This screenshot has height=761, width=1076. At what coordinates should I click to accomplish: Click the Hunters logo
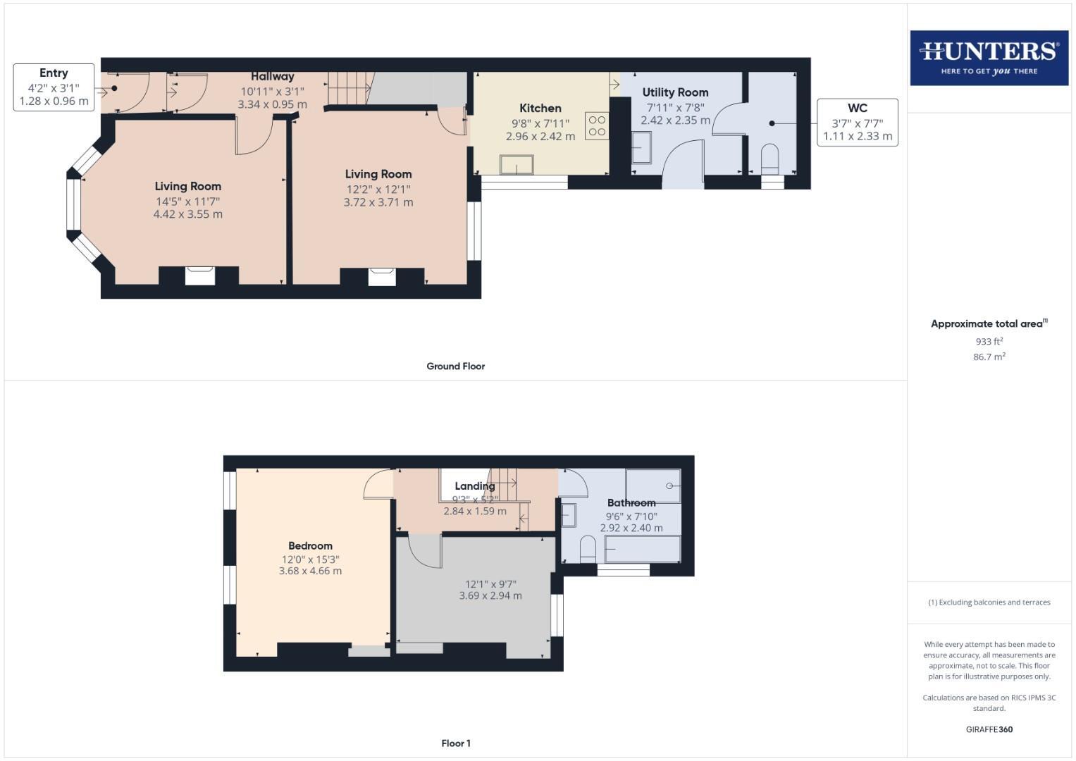pyautogui.click(x=989, y=58)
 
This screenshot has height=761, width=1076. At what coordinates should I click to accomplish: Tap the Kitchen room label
pyautogui.click(x=540, y=108)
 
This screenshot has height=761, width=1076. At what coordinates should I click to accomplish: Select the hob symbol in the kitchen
pyautogui.click(x=597, y=126)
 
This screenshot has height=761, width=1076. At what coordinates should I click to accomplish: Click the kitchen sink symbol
pyautogui.click(x=517, y=165)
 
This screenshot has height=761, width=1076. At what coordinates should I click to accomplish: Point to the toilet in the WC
pyautogui.click(x=770, y=159)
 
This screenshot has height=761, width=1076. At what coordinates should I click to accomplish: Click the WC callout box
pyautogui.click(x=857, y=122)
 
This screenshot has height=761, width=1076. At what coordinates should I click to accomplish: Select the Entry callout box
pyautogui.click(x=54, y=87)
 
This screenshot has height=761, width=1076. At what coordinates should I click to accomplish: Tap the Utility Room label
pyautogui.click(x=675, y=92)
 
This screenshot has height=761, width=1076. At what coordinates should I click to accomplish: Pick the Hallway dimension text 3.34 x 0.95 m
pyautogui.click(x=272, y=104)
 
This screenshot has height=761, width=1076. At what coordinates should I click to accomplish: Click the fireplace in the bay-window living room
pyautogui.click(x=199, y=276)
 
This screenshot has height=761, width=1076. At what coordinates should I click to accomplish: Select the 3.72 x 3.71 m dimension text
pyautogui.click(x=378, y=202)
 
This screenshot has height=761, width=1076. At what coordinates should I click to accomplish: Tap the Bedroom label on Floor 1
pyautogui.click(x=310, y=545)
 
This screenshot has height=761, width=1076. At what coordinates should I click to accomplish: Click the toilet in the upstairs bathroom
pyautogui.click(x=588, y=550)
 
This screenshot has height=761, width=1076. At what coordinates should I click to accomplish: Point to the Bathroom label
pyautogui.click(x=631, y=502)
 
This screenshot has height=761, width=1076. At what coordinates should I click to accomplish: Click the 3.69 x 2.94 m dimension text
pyautogui.click(x=490, y=595)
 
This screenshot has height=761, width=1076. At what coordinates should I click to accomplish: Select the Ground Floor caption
pyautogui.click(x=455, y=366)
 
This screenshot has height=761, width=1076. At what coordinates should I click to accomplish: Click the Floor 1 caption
pyautogui.click(x=455, y=743)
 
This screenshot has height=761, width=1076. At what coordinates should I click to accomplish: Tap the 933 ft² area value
pyautogui.click(x=989, y=341)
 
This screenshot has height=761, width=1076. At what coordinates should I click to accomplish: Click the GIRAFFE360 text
pyautogui.click(x=989, y=729)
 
